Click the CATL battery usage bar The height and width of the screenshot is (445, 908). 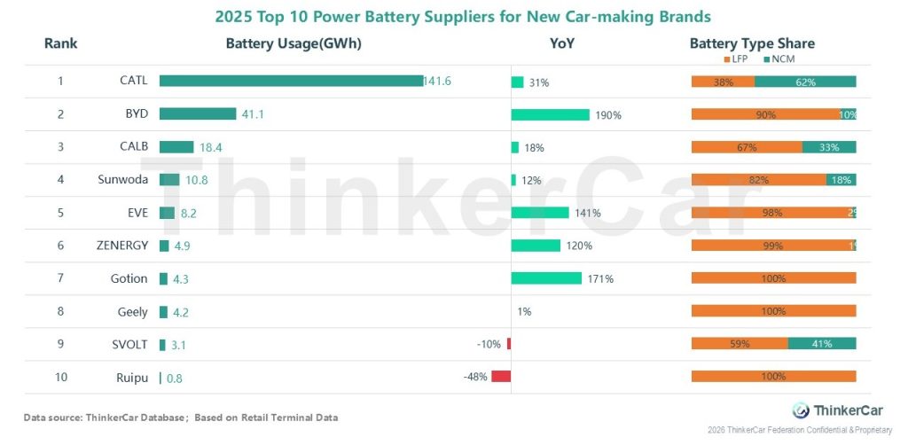tap(291, 81)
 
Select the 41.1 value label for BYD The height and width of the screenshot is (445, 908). tap(255, 114)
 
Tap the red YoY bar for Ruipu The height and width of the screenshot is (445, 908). tap(501, 377)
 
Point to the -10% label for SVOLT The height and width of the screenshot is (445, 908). tap(489, 344)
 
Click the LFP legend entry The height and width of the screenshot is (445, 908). tap(734, 59)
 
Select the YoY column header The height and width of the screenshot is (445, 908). tap(562, 43)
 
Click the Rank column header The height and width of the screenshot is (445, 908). tap(61, 43)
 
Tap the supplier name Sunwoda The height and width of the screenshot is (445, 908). tap(122, 180)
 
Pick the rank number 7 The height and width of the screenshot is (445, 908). tap(61, 278)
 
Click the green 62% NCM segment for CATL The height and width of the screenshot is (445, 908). tap(805, 82)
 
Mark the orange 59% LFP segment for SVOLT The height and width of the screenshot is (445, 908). tap(740, 344)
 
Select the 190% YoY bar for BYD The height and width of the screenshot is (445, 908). tap(550, 114)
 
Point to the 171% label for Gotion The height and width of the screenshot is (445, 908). tap(600, 278)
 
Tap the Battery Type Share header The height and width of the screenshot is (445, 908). tap(752, 43)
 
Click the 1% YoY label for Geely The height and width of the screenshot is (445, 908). tap(524, 311)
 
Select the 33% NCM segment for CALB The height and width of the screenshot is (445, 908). tap(829, 147)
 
